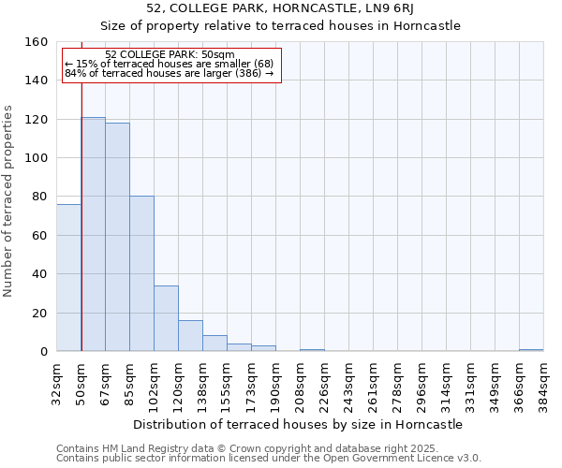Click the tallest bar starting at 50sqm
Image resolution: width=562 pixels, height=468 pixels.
coord(93,234)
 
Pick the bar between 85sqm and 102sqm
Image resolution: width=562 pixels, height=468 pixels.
coord(141,273)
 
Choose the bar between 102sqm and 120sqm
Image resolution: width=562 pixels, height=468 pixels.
coord(166,318)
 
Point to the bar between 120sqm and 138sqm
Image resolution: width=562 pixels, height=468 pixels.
coord(190,335)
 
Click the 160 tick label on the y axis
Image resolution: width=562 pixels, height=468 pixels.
coord(37,42)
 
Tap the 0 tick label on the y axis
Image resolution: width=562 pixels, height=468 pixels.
coord(44,352)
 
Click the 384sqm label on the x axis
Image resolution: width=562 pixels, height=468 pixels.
coord(544,384)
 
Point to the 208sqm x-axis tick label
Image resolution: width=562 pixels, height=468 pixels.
coord(301,384)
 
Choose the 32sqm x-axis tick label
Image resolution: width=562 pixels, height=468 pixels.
coord(57,384)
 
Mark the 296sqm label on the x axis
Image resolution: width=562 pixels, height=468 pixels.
coord(422,384)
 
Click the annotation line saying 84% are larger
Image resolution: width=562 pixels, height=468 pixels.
coord(169,73)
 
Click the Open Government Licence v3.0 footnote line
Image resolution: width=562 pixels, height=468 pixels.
coord(268,459)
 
